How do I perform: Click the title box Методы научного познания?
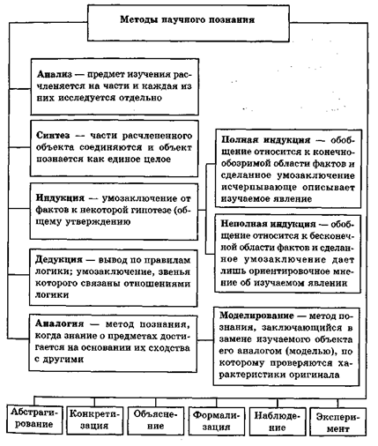(x=189, y=18)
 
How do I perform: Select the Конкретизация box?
(x=93, y=417)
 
